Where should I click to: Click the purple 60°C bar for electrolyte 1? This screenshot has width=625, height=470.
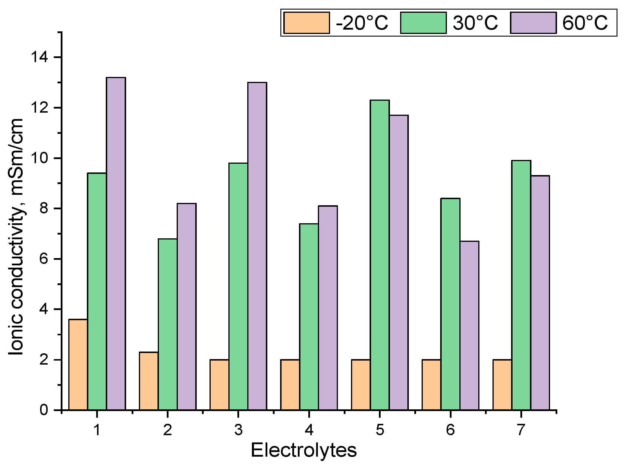(116, 244)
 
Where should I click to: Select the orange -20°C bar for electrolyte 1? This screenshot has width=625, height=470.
(78, 365)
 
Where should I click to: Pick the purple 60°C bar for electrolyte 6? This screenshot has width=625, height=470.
(469, 325)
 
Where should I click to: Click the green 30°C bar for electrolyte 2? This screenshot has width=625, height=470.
(168, 324)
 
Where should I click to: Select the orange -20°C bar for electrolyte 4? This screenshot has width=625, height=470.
(290, 385)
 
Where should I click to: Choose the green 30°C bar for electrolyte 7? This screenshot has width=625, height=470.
(521, 285)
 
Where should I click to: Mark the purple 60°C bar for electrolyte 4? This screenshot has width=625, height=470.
(328, 308)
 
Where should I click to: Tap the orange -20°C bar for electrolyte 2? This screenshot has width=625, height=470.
(149, 381)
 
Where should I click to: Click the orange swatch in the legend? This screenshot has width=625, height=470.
(307, 23)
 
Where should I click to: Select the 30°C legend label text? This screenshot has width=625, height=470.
(475, 23)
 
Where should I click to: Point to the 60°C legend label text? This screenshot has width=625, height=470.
(585, 23)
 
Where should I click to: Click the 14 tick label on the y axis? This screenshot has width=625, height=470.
(40, 57)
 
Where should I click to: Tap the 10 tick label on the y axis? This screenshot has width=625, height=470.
(40, 158)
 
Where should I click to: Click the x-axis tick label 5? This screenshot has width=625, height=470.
(380, 430)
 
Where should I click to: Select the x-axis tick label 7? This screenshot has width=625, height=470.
(521, 430)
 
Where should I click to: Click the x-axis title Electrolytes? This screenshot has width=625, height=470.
(304, 451)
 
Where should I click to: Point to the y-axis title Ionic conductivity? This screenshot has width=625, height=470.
(16, 237)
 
